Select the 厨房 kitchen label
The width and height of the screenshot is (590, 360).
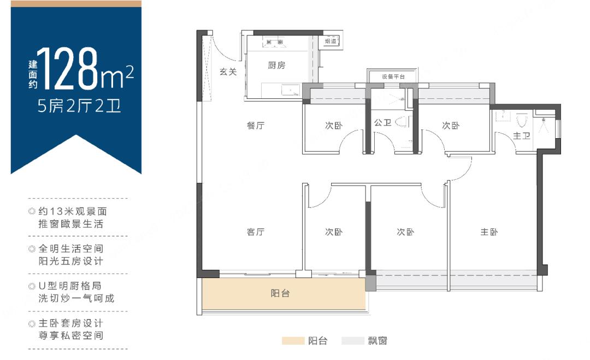(276, 66)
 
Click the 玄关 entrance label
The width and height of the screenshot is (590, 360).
(228, 72)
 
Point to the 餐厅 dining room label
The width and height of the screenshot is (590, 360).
(256, 126)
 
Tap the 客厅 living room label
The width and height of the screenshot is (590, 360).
(256, 232)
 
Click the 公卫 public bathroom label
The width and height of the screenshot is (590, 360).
(382, 123)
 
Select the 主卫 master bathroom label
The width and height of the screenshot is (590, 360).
(522, 135)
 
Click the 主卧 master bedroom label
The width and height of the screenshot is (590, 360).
(489, 232)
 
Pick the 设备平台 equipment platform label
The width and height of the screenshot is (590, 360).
(393, 77)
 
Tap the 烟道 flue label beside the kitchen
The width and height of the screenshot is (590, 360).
(331, 41)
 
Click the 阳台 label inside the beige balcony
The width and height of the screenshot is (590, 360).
(280, 293)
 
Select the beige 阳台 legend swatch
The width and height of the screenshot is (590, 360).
(293, 341)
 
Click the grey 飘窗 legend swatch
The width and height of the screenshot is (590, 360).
(352, 341)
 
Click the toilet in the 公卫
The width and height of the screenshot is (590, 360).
(405, 121)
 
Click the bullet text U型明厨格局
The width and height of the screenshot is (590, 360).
(69, 286)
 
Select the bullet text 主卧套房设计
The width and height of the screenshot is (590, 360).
(69, 323)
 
